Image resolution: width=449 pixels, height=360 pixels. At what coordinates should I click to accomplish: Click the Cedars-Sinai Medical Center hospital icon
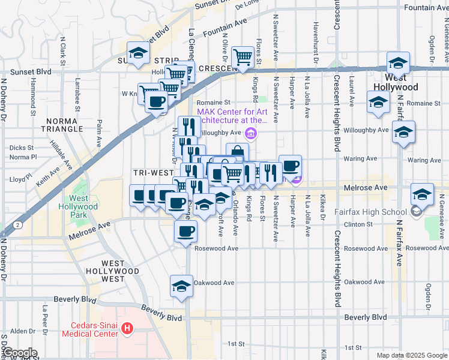pyautogui.click(x=127, y=329)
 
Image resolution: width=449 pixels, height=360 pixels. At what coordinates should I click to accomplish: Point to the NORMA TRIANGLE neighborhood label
pyautogui.click(x=62, y=125)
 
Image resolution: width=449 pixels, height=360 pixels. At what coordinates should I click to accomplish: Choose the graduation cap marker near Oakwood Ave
pyautogui.click(x=181, y=286)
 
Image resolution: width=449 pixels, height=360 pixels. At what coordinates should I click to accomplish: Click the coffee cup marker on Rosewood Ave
pyautogui.click(x=185, y=231)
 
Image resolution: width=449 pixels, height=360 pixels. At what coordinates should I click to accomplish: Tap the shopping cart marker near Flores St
pyautogui.click(x=243, y=58)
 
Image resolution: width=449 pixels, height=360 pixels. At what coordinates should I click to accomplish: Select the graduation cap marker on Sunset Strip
pyautogui.click(x=138, y=52)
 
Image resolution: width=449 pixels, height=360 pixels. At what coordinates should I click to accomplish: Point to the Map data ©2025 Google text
pyautogui.click(x=412, y=355)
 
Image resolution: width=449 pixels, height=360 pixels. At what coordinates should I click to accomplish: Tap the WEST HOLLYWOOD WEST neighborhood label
pyautogui.click(x=121, y=271)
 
